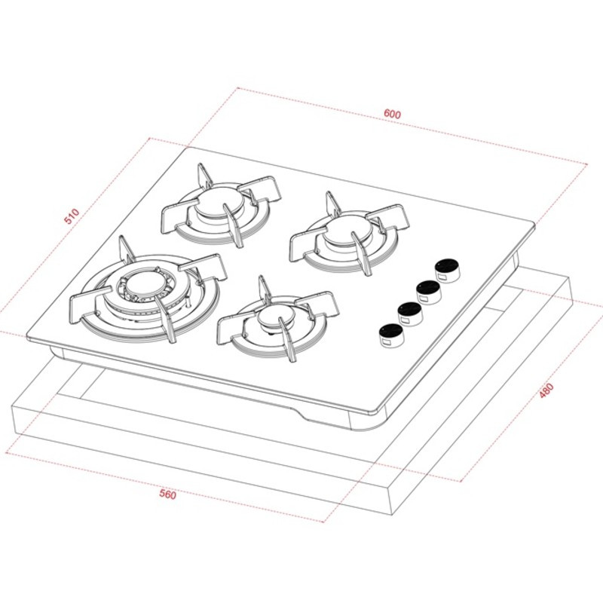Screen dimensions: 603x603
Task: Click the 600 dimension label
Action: [392, 114]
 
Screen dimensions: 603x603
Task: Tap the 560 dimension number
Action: [167, 495]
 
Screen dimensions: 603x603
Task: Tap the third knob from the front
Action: [428, 290]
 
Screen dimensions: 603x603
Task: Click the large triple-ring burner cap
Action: [142, 285]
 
